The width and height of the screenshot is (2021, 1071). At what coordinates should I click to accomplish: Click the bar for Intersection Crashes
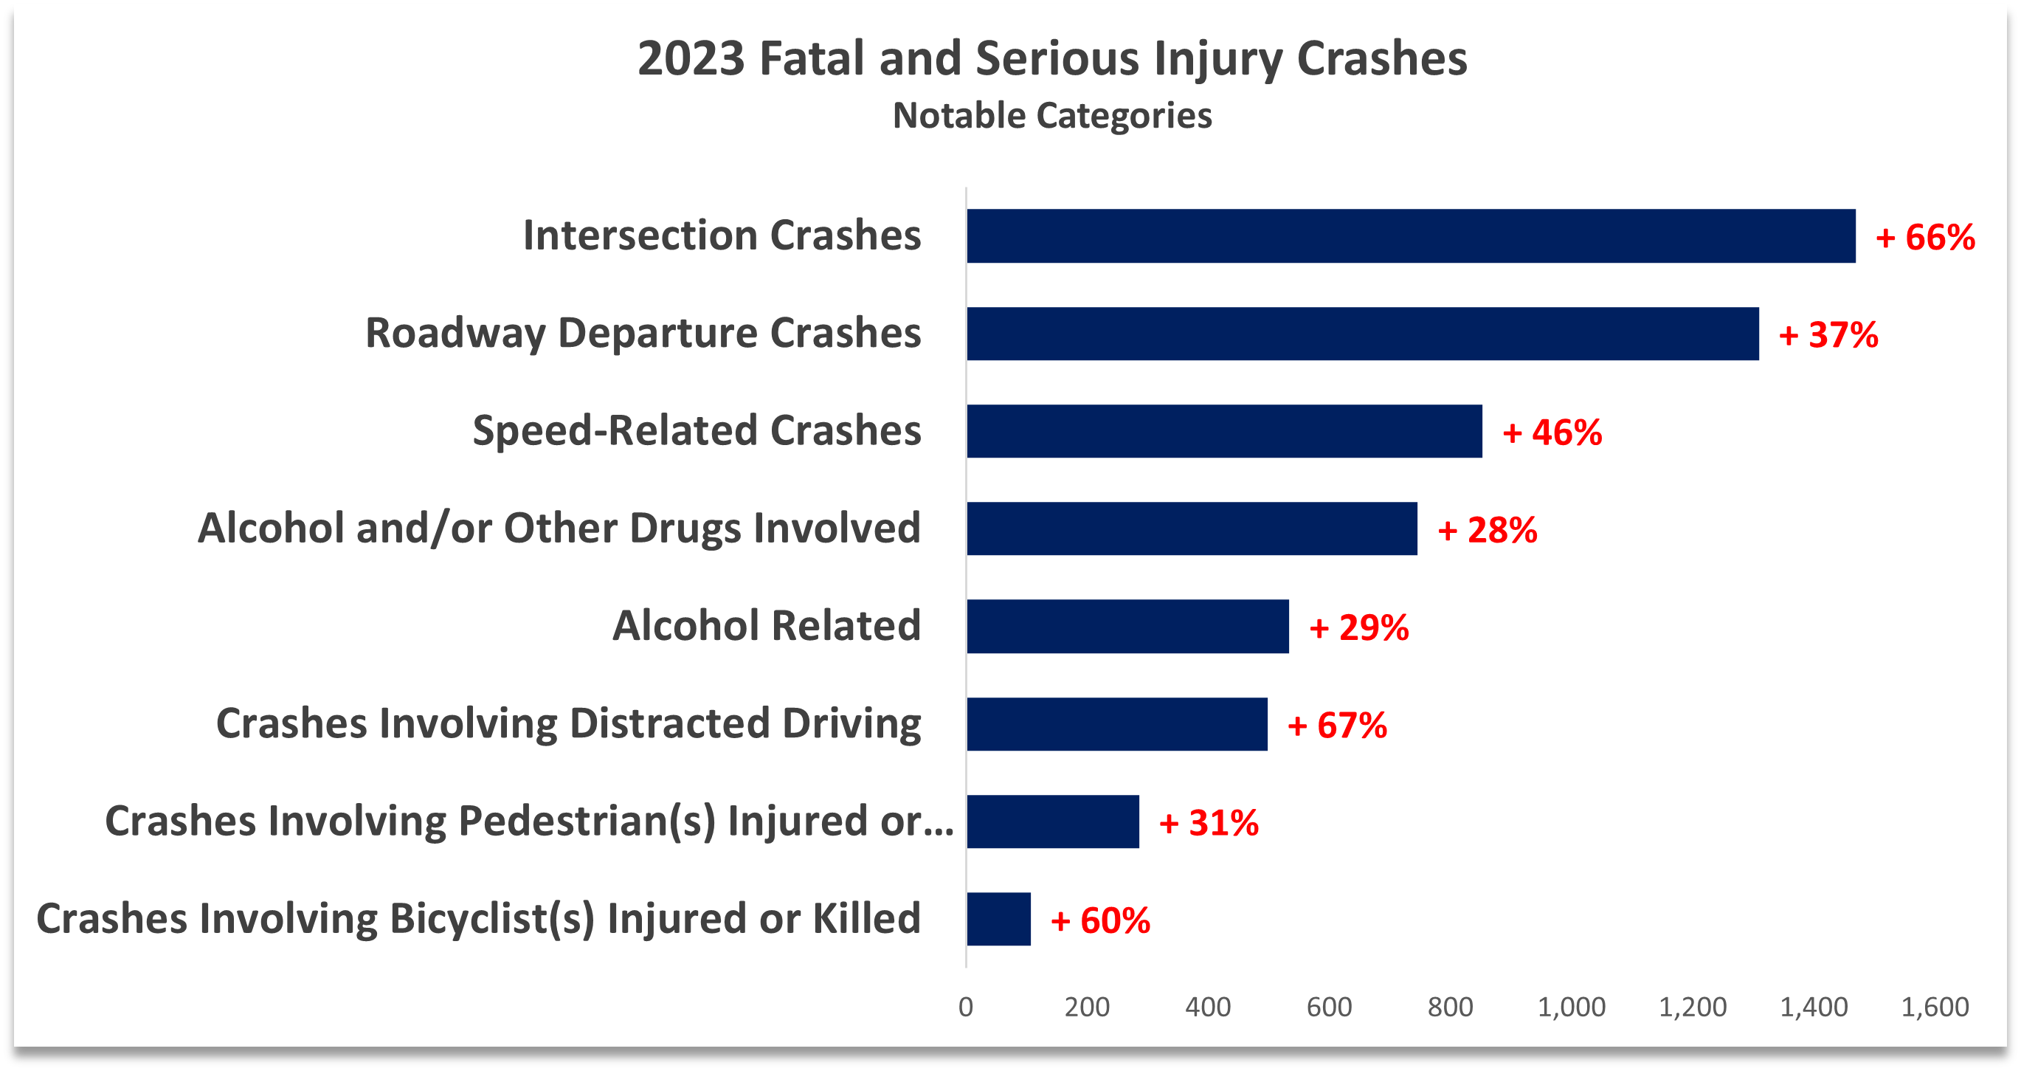click(1411, 235)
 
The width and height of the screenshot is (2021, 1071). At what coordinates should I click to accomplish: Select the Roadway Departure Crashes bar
click(1362, 334)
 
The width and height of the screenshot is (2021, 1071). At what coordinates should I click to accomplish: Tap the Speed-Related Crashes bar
click(1224, 431)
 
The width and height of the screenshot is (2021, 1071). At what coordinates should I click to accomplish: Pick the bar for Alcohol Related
click(1127, 626)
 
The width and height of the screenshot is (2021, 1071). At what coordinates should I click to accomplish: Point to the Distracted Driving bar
click(1116, 723)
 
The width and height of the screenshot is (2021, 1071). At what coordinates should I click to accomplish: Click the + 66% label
click(1924, 237)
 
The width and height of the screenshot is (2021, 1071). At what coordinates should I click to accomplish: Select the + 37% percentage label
click(1828, 335)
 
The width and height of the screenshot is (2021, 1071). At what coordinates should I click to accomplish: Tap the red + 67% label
click(1337, 725)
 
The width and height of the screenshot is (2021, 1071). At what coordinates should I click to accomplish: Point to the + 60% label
click(1100, 920)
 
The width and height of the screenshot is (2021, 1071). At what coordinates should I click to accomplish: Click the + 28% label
click(1487, 531)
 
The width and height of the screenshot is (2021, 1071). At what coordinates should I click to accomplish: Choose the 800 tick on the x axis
click(1450, 1007)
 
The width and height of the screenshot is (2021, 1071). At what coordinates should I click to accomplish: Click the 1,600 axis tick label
click(1934, 1007)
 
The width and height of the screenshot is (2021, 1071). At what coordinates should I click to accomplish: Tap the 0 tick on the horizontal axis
click(966, 1007)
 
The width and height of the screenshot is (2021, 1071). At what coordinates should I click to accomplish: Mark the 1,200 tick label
click(1692, 1007)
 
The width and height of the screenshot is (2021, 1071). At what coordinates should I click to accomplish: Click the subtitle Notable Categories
click(1052, 116)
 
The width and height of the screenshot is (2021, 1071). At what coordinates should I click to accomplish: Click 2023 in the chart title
click(691, 59)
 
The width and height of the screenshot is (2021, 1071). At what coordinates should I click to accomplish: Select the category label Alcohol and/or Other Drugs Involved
click(559, 528)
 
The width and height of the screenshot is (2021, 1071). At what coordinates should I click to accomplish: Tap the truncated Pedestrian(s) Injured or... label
click(530, 822)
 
